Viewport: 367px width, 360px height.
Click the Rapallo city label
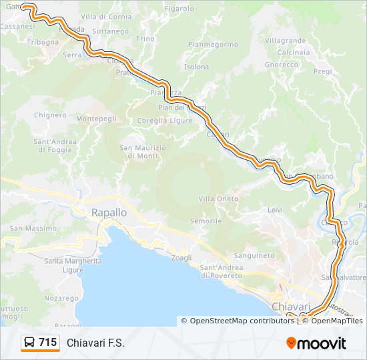click(x=108, y=212)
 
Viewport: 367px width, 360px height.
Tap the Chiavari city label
click(x=292, y=306)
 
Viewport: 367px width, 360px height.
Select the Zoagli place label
click(x=181, y=257)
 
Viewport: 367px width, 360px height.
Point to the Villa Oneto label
click(x=218, y=199)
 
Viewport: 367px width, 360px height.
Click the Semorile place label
click(x=206, y=221)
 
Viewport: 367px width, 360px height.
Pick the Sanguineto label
click(x=254, y=255)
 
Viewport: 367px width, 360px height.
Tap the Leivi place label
click(x=275, y=209)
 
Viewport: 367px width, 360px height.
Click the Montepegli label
click(x=97, y=119)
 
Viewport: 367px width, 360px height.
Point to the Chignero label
click(x=51, y=115)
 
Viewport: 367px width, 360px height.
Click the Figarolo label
click(x=179, y=9)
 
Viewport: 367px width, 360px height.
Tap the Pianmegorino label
click(x=213, y=45)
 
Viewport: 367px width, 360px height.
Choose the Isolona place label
click(x=196, y=67)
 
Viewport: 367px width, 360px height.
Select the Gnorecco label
click(x=281, y=65)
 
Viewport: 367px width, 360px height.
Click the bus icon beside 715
click(x=30, y=343)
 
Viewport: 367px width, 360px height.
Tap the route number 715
click(x=47, y=343)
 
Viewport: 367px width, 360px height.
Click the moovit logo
click(x=316, y=343)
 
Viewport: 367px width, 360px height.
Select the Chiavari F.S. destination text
click(x=95, y=343)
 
